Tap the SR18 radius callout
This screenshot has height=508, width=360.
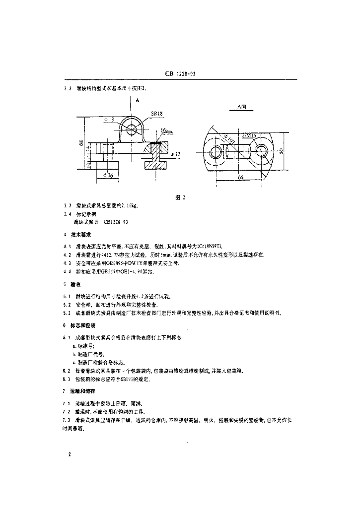[x=157, y=114]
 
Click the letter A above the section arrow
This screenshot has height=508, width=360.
[x=136, y=100]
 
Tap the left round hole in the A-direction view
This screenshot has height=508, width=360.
[x=217, y=150]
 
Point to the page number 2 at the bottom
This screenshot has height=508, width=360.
[x=69, y=454]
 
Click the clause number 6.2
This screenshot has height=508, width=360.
[x=67, y=371]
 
